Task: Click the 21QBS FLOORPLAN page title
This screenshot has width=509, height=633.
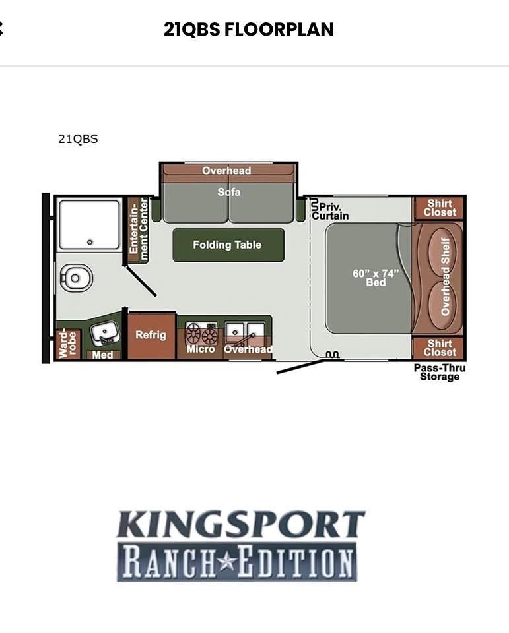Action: [x=249, y=29]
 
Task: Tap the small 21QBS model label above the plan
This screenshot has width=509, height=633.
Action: [x=78, y=139]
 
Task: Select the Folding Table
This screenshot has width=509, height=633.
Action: [x=228, y=245]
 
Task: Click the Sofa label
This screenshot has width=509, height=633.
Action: [x=229, y=192]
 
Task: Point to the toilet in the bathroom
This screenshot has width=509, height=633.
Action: [x=76, y=278]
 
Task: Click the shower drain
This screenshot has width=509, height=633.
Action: [x=90, y=242]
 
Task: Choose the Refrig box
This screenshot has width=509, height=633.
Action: [x=151, y=336]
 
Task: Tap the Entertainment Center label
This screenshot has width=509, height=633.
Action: [x=138, y=230]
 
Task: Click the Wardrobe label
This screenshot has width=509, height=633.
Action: [x=67, y=344]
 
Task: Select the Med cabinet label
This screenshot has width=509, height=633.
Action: [x=102, y=355]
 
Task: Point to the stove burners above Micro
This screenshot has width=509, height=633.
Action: [x=201, y=333]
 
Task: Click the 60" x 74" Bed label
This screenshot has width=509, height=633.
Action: [x=376, y=278]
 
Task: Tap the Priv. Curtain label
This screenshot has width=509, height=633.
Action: [x=330, y=211]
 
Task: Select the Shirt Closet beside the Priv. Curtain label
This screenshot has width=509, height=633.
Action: [x=440, y=208]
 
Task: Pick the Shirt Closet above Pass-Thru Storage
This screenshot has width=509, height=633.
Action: [x=440, y=347]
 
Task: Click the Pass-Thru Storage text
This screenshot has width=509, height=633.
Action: [x=440, y=372]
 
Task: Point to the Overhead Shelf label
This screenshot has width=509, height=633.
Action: [x=445, y=276]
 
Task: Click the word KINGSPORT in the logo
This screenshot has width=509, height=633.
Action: [x=241, y=524]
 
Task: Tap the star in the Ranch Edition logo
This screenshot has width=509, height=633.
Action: [x=227, y=562]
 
